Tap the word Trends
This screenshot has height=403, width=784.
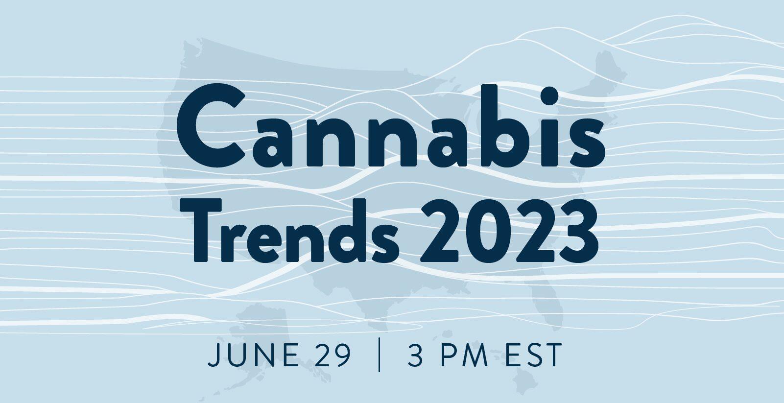(x=289, y=231)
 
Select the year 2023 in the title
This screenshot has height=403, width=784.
(x=509, y=232)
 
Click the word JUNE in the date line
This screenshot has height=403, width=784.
(x=254, y=356)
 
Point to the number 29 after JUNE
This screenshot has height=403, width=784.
(x=332, y=356)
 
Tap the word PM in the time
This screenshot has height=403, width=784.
(x=464, y=356)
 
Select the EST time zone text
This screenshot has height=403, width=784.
(x=533, y=356)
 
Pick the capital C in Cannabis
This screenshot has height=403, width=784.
(x=210, y=126)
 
